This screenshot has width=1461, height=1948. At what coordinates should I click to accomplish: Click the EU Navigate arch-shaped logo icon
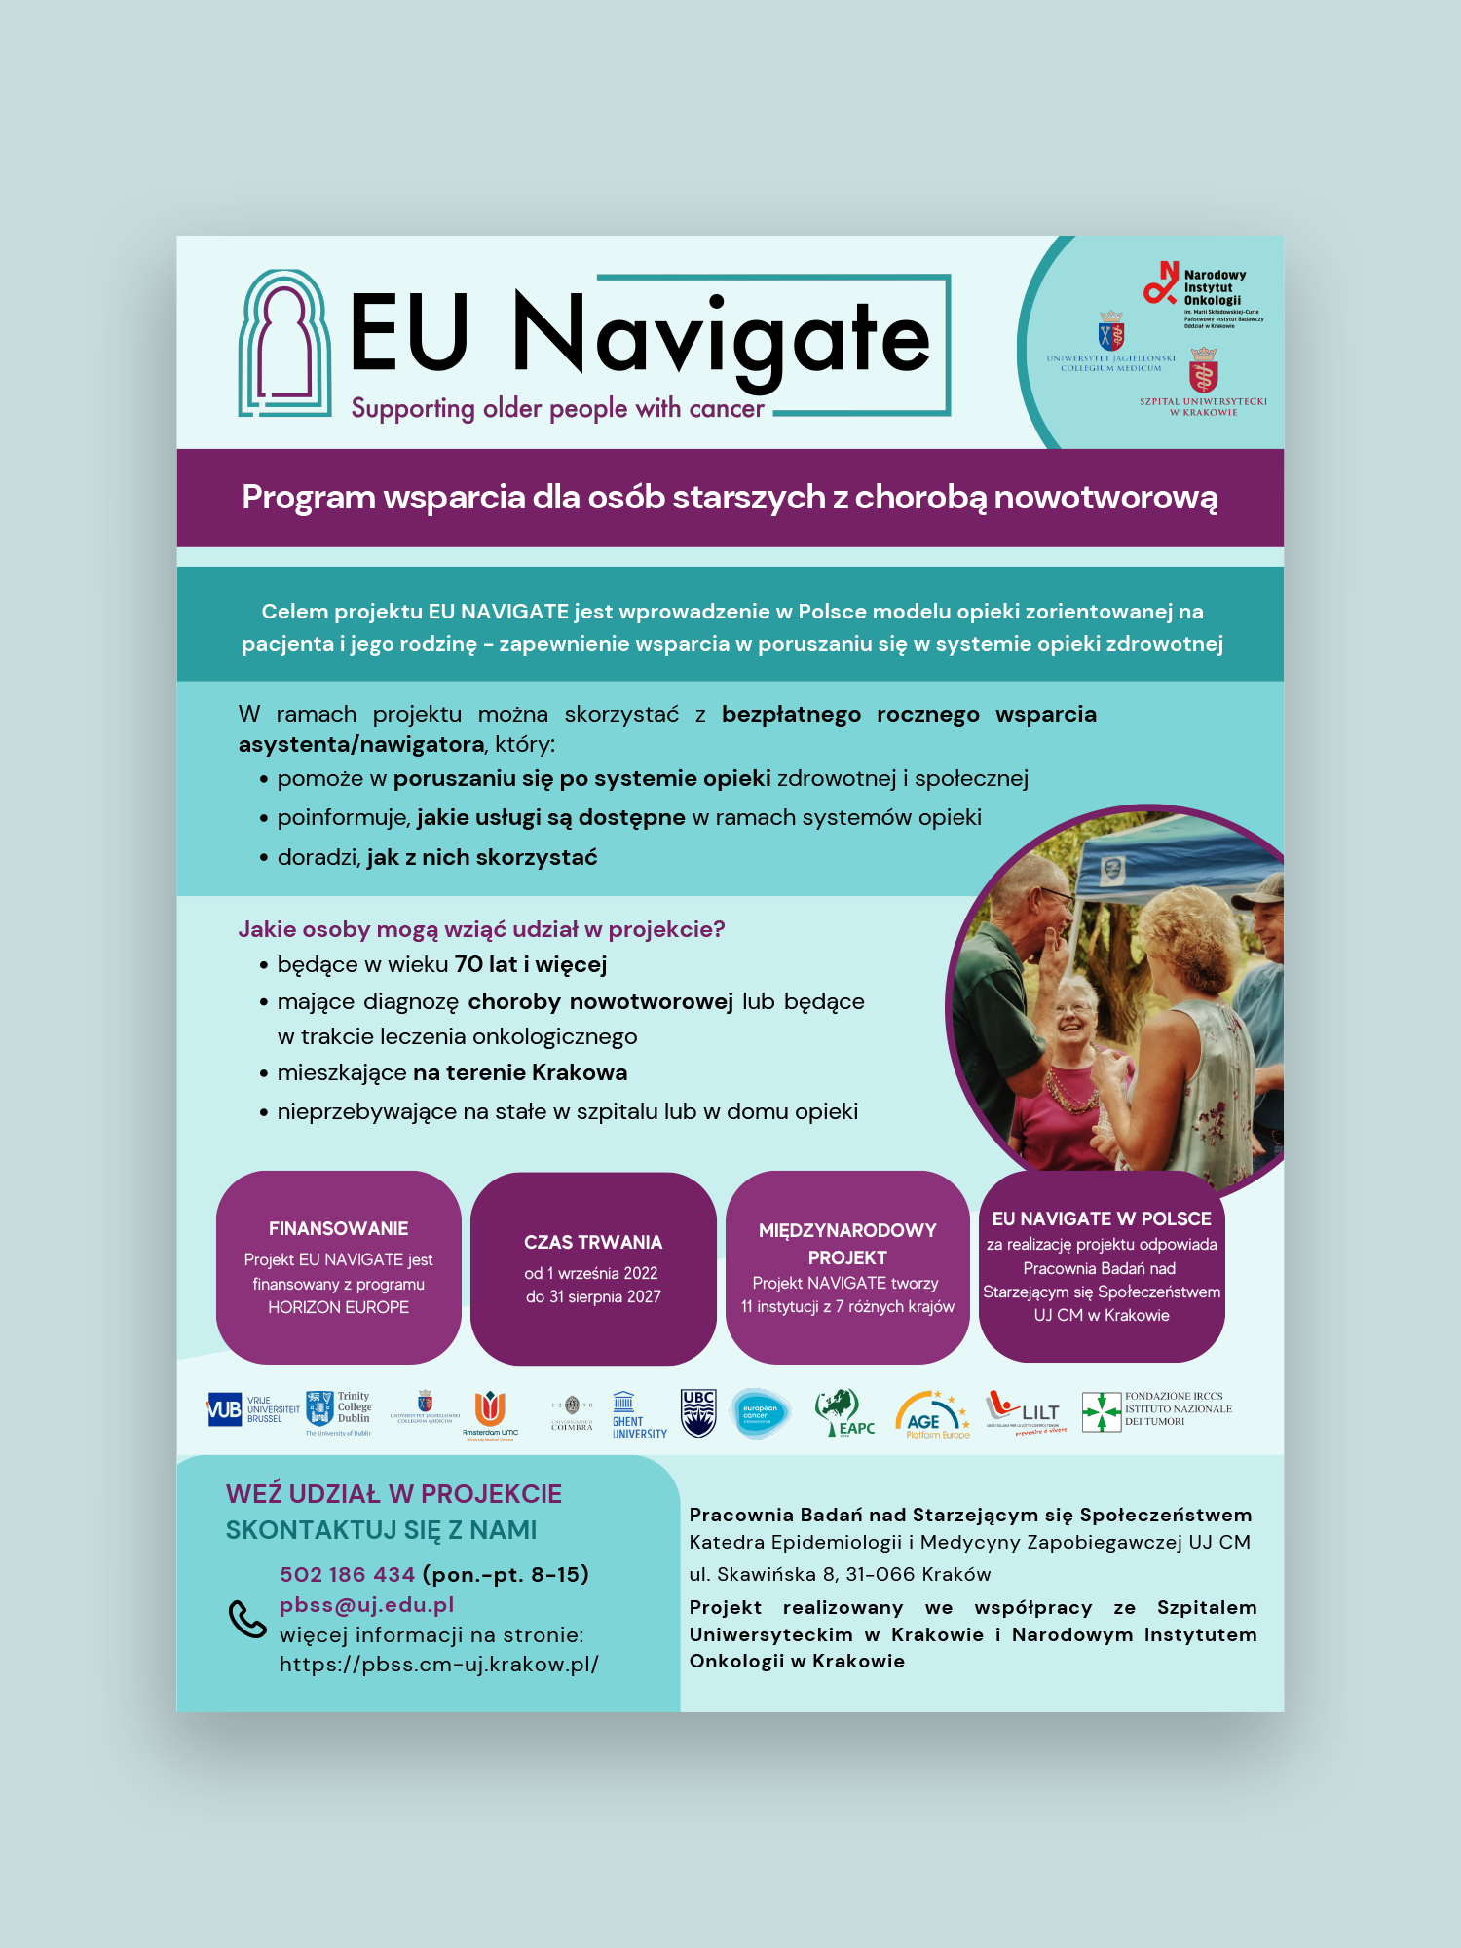(x=284, y=343)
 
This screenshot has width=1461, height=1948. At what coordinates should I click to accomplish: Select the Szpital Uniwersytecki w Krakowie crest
(x=1204, y=371)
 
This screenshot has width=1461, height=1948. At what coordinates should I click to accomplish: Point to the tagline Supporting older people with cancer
(x=557, y=408)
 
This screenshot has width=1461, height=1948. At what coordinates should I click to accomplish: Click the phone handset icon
(x=246, y=1619)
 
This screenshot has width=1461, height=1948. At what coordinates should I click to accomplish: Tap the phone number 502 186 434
(x=347, y=1574)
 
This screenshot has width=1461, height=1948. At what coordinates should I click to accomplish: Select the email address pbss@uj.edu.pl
(x=366, y=1604)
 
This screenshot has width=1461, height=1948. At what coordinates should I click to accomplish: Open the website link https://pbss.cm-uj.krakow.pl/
(x=438, y=1664)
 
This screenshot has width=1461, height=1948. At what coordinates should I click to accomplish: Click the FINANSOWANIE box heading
(x=338, y=1228)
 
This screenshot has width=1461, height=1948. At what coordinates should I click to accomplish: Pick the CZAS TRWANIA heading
(x=592, y=1242)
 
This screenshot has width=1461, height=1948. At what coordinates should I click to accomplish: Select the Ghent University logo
(x=638, y=1414)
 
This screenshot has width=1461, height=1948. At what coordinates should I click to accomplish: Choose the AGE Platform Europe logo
(x=932, y=1415)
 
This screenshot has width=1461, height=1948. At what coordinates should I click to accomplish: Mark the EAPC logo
(x=843, y=1413)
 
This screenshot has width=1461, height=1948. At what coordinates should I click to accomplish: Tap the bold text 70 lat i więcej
(x=530, y=964)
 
